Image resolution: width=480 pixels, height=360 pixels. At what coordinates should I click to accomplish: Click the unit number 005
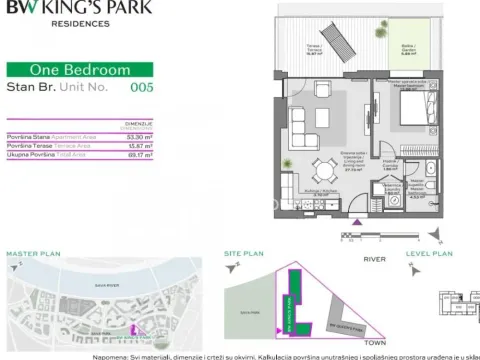tap(144, 88)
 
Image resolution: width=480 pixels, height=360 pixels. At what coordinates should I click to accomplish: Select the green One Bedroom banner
tap(79, 70)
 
